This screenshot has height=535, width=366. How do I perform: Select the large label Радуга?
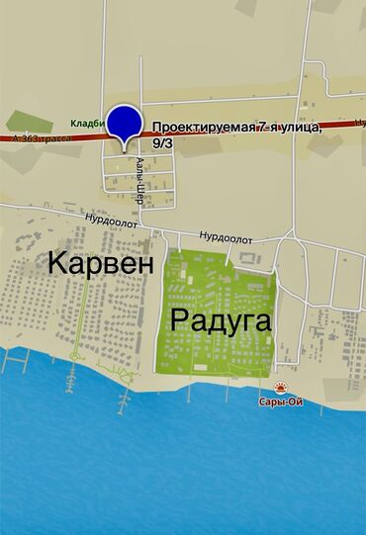(222, 319)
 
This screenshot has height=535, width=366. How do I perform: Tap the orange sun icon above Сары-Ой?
(282, 390)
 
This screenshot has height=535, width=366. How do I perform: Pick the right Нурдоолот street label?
(226, 237)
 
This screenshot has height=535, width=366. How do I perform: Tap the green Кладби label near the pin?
(88, 125)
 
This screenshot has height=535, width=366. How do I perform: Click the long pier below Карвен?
(123, 396)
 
